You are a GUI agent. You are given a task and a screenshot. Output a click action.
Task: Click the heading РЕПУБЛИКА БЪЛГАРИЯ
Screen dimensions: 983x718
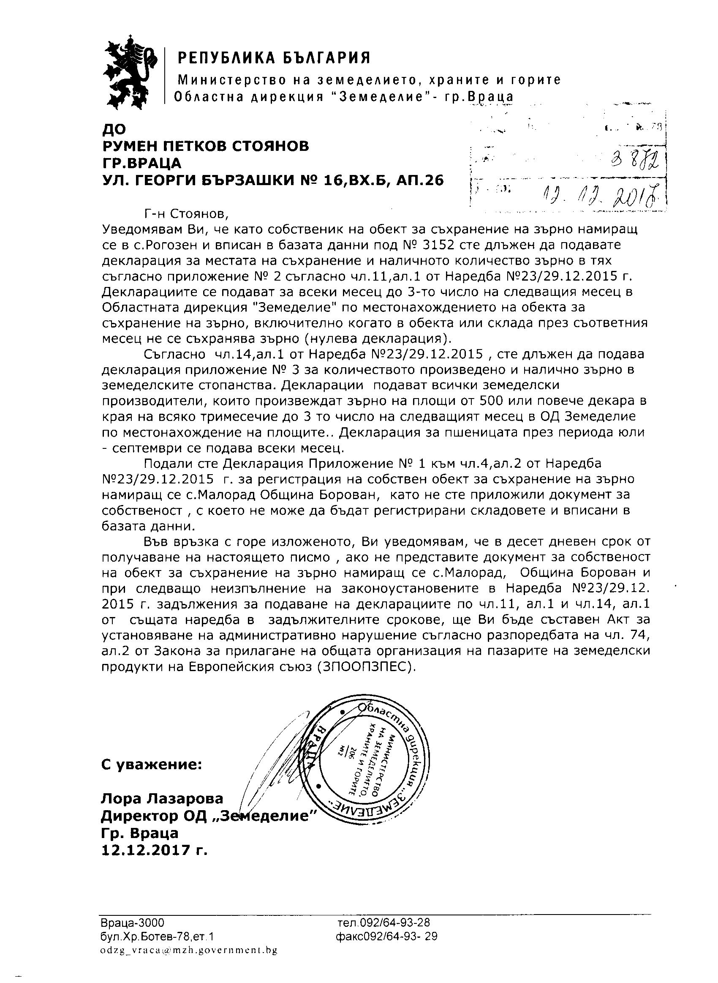[x=274, y=57]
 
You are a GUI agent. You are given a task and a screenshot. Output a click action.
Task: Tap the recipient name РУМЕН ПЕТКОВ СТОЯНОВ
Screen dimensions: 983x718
[x=205, y=146]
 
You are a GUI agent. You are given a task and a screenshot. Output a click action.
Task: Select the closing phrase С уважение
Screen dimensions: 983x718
[x=151, y=764]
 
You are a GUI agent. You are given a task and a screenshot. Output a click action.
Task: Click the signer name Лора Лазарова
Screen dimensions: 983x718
[x=162, y=798]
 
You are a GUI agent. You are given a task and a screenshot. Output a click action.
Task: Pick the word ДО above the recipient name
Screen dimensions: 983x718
[x=114, y=129]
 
